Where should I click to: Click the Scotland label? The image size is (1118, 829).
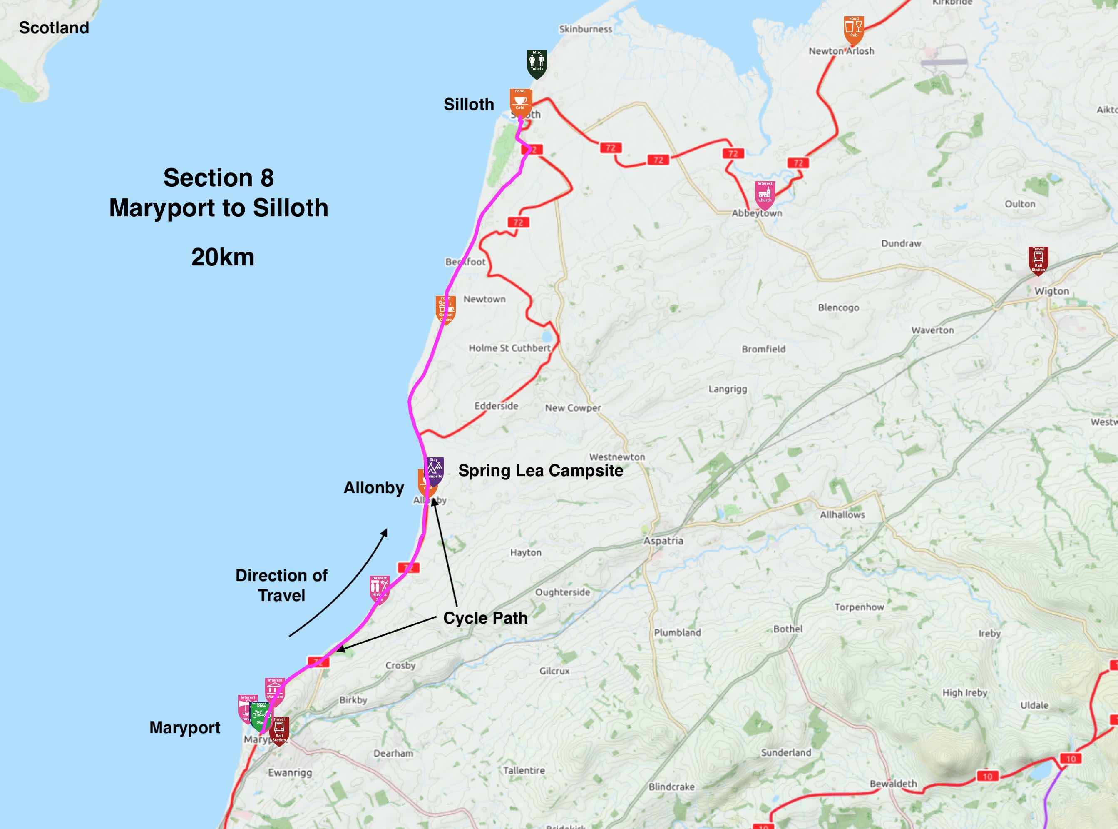[x=54, y=27]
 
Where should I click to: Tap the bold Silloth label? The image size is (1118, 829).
[x=469, y=105]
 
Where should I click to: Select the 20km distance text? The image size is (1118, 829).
[x=223, y=257]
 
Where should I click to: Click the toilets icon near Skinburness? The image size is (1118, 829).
[x=537, y=63]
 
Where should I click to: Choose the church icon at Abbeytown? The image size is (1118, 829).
[x=765, y=194]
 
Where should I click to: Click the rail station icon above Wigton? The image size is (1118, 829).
[x=1038, y=260]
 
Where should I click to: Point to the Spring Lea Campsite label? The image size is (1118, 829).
[x=540, y=471]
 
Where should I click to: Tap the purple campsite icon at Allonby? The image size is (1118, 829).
[x=434, y=470]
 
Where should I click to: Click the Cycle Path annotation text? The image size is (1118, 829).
[x=485, y=618]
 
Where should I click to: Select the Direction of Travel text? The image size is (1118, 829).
[x=281, y=586]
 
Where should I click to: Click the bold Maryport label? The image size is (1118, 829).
[x=184, y=728]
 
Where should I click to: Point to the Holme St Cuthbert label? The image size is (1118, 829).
[x=509, y=348]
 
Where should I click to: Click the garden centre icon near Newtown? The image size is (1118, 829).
[x=445, y=309]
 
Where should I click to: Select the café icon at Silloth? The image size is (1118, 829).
[x=520, y=102]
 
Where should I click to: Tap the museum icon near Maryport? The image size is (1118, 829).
[x=274, y=691]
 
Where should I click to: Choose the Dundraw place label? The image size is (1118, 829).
[x=901, y=243]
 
